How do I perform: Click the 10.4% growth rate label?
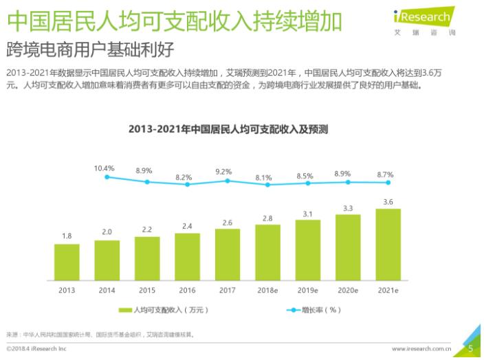(104, 168)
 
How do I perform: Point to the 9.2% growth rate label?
(225, 171)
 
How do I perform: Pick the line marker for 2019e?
(308, 183)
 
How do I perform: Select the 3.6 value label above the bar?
(388, 202)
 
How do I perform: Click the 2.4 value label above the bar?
(187, 226)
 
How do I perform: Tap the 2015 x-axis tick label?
(147, 290)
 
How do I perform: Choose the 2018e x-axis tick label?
(267, 290)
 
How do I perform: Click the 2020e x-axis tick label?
(348, 290)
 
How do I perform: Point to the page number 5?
(470, 348)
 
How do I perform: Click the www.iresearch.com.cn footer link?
(422, 349)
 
